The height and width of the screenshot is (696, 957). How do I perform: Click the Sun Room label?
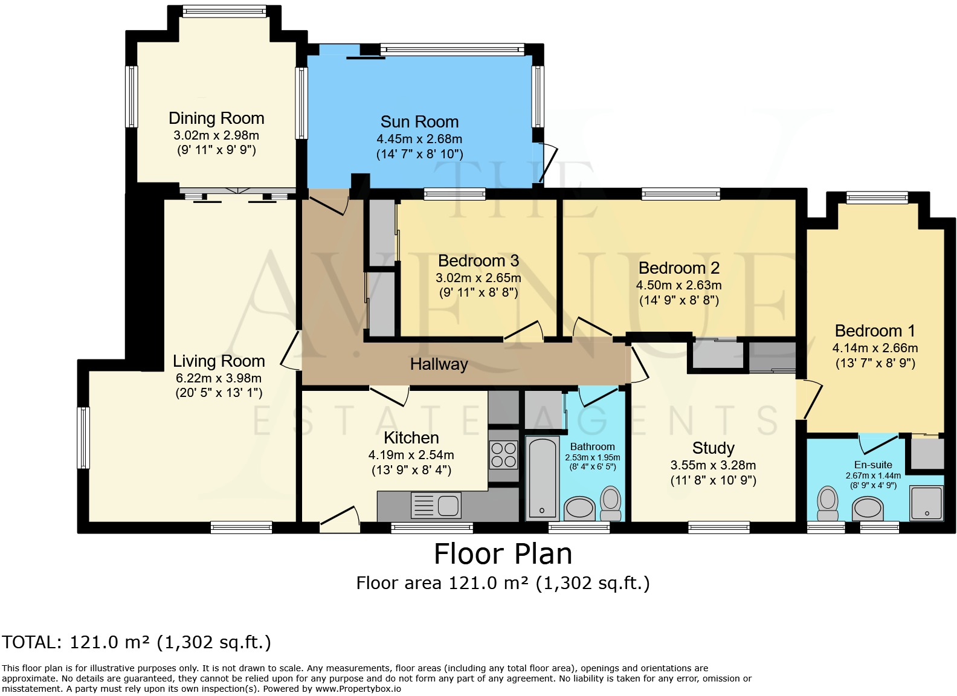pyautogui.click(x=419, y=122)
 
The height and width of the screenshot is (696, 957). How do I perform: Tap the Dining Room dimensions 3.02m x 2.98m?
pyautogui.click(x=216, y=135)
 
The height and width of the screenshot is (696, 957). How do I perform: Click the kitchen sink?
pyautogui.click(x=436, y=506)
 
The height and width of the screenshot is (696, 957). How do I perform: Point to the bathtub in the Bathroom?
pyautogui.click(x=542, y=478)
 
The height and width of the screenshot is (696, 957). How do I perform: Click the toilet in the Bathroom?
pyautogui.click(x=611, y=503)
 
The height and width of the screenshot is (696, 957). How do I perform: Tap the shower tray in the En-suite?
pyautogui.click(x=926, y=503)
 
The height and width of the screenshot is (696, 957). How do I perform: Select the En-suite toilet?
pyautogui.click(x=828, y=503)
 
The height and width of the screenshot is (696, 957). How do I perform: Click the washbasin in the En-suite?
pyautogui.click(x=868, y=509)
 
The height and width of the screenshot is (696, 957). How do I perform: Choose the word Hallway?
pyautogui.click(x=439, y=364)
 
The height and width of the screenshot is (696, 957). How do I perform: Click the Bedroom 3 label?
pyautogui.click(x=478, y=260)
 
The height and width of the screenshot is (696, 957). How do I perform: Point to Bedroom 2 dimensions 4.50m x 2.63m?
pyautogui.click(x=679, y=285)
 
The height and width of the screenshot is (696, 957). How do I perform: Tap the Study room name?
pyautogui.click(x=714, y=448)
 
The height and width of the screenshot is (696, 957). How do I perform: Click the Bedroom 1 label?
pyautogui.click(x=875, y=330)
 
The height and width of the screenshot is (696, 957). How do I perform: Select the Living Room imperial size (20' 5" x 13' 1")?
pyautogui.click(x=219, y=393)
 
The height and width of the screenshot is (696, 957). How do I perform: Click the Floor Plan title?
pyautogui.click(x=503, y=554)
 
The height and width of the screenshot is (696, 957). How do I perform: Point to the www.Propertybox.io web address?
pyautogui.click(x=358, y=689)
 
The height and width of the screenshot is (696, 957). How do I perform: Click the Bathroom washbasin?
pyautogui.click(x=579, y=509)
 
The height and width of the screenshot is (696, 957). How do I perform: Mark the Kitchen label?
pyautogui.click(x=411, y=438)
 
